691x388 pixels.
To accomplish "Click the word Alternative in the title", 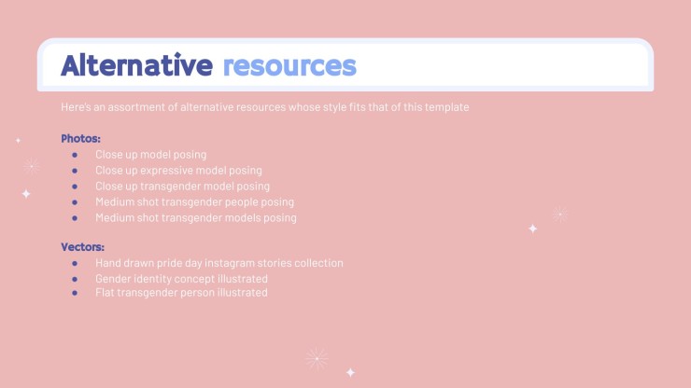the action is tap(136, 64).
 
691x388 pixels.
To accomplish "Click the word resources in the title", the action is tap(289, 66).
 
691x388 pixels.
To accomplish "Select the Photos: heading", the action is tap(80, 139).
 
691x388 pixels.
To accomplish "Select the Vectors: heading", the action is tap(82, 247).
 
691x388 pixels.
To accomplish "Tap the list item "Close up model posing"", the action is tap(150, 155).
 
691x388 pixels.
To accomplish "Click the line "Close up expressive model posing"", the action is tap(178, 171).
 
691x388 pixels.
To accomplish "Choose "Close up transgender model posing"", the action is tap(182, 187).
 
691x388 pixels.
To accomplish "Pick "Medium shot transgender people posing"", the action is tap(194, 202).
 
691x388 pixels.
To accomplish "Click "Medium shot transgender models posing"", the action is tap(196, 218).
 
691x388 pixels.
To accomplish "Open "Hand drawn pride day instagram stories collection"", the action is tap(219, 263).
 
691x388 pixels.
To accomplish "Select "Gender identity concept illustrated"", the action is tap(181, 279).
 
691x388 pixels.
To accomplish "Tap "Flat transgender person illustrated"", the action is tap(181, 293).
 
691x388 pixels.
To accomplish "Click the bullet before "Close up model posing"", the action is tap(75, 155).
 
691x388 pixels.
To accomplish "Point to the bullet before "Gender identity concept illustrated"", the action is tap(75, 279).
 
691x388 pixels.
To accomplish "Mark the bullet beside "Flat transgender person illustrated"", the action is tap(75, 293).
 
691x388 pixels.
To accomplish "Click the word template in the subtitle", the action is tap(446, 107).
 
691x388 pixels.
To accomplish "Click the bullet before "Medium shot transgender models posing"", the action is tap(75, 218).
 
